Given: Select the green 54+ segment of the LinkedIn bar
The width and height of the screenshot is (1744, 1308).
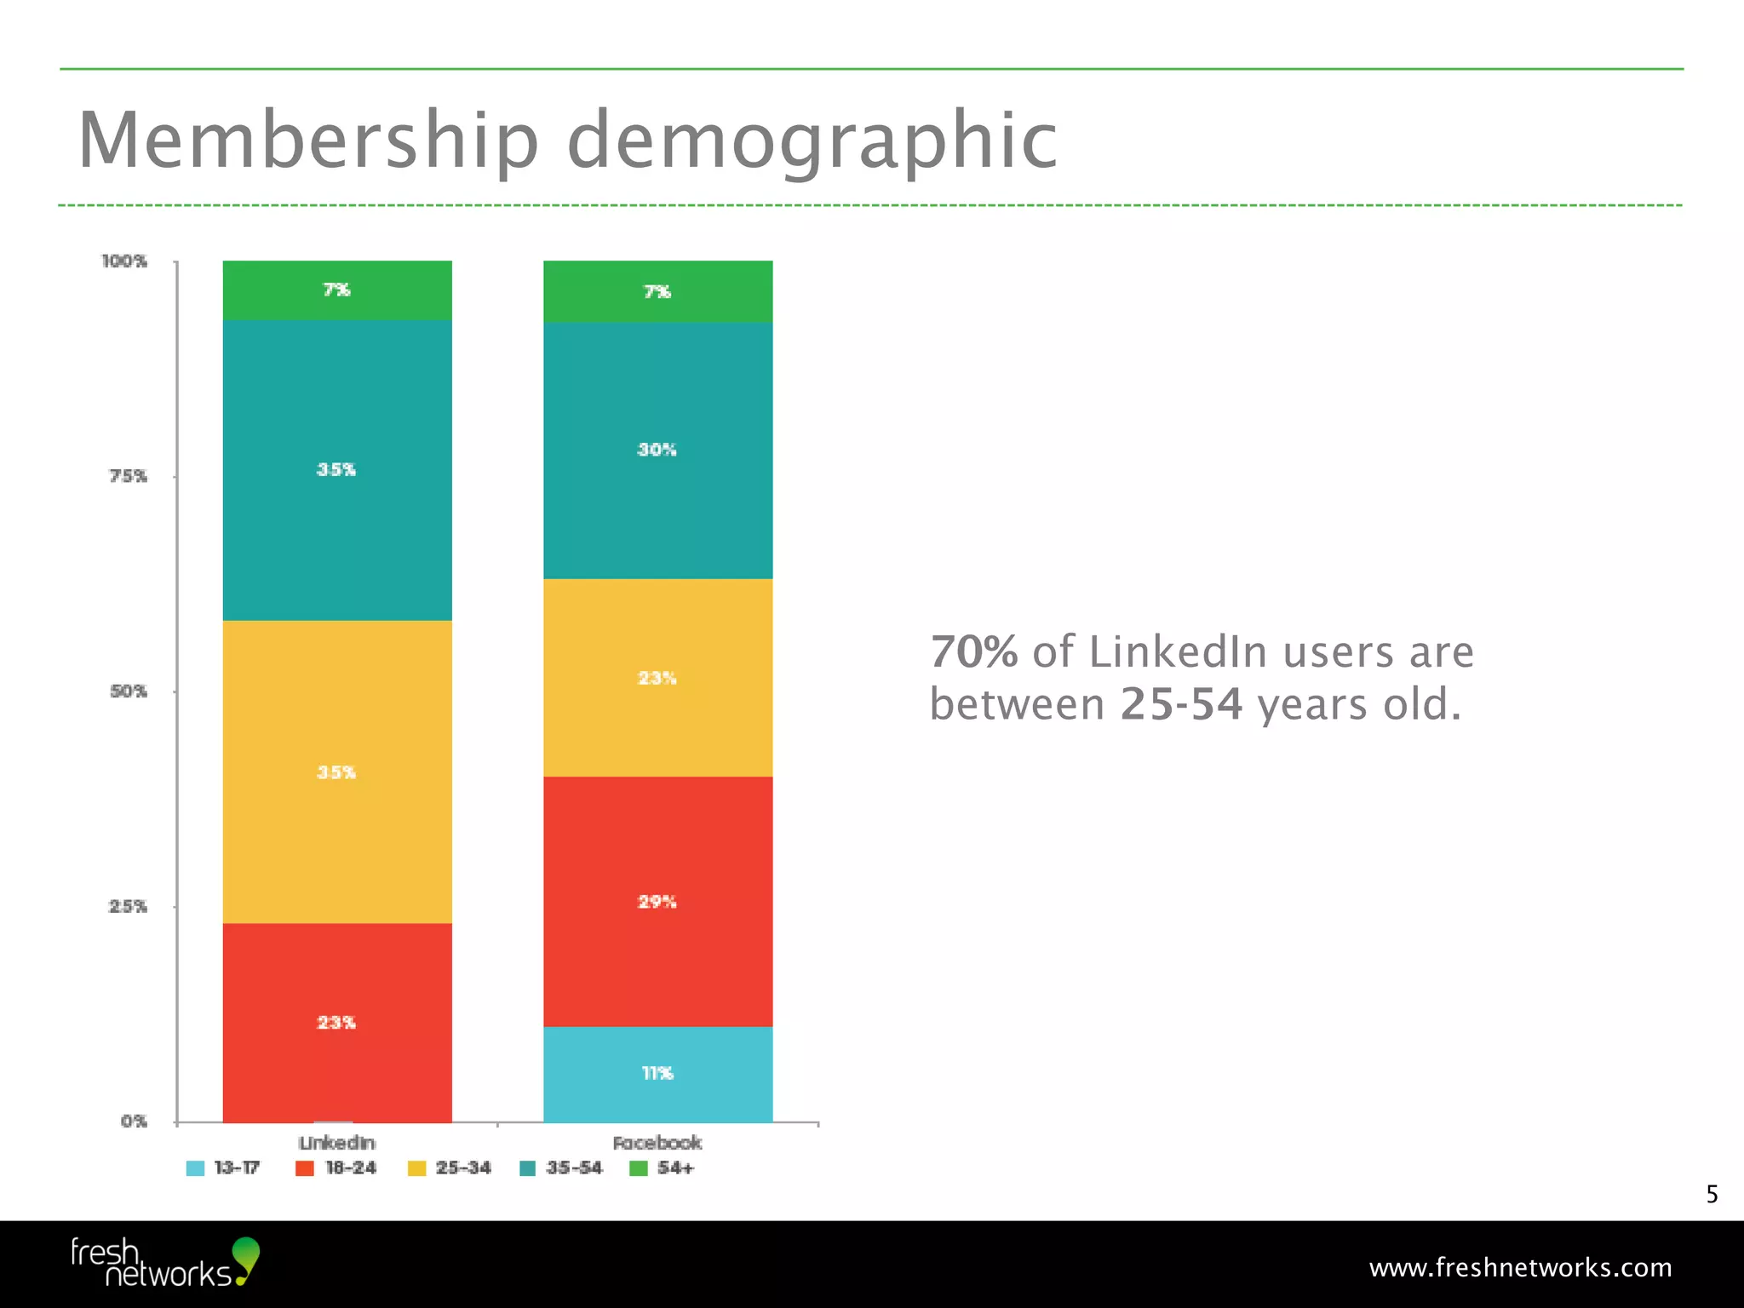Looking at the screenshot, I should pos(337,290).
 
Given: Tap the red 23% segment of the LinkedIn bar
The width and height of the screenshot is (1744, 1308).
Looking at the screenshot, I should pos(337,1022).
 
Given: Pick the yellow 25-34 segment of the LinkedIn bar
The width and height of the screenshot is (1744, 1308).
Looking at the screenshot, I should pos(337,772).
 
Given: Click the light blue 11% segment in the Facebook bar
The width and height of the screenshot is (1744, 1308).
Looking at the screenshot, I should pos(657,1074).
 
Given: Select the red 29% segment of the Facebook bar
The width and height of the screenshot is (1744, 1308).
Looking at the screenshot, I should pos(657,901).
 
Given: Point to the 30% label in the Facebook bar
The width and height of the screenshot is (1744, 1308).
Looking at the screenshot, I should pos(657,450).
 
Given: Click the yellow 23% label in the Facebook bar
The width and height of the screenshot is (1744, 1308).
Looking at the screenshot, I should pos(657,678).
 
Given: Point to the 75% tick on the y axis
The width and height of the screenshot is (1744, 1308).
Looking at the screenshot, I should pos(128,476).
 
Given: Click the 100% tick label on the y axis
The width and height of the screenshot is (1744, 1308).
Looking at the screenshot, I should pos(124,261).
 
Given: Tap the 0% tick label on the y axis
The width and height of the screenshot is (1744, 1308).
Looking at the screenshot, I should pos(134,1122).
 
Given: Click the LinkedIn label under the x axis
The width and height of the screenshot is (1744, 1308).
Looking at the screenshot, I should pos(337,1143).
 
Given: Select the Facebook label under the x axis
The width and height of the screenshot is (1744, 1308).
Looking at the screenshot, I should pos(657,1143).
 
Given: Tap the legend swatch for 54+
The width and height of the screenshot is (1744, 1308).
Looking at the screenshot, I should pos(639,1168).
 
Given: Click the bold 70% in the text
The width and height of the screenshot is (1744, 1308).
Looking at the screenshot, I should pos(973,652).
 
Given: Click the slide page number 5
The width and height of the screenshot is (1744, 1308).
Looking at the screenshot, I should pos(1712,1195).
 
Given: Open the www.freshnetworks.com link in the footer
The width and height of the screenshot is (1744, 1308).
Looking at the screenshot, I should pos(1520,1268).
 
